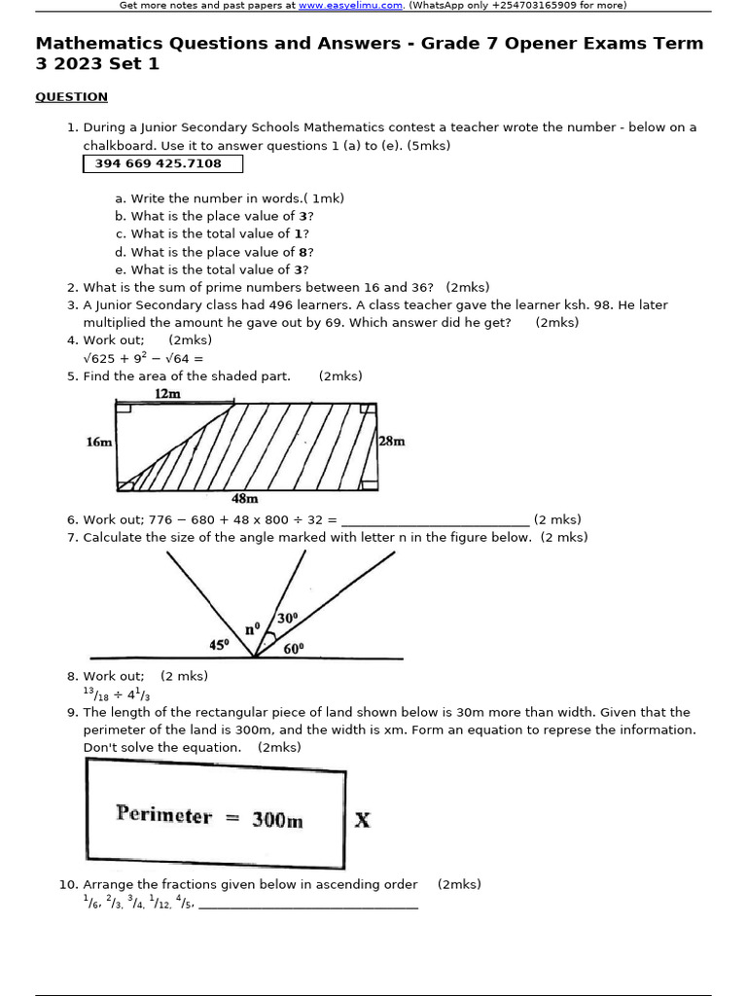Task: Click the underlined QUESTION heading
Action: (71, 96)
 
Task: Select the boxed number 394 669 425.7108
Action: (159, 163)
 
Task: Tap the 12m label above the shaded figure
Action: (167, 394)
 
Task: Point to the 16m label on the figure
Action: (99, 442)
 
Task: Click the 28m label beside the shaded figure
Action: (392, 441)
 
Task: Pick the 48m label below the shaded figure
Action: (244, 499)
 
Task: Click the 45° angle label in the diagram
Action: (220, 644)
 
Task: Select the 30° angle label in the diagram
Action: (287, 618)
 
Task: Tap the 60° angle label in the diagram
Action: (294, 649)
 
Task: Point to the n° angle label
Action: (251, 629)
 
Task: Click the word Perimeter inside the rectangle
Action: (163, 815)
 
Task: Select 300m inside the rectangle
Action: (277, 820)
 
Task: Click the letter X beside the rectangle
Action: (362, 820)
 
